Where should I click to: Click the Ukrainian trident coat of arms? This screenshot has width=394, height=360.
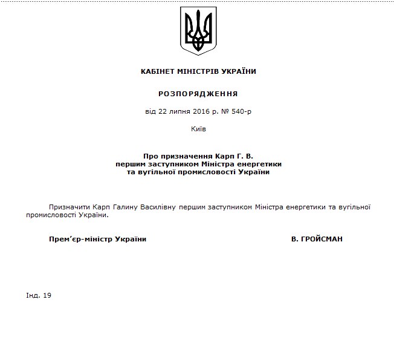[198, 31]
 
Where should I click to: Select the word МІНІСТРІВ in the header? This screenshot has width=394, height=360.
[198, 71]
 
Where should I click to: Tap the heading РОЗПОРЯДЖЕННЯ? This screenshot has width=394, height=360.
[198, 94]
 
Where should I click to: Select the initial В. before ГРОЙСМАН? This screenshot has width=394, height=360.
[294, 239]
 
